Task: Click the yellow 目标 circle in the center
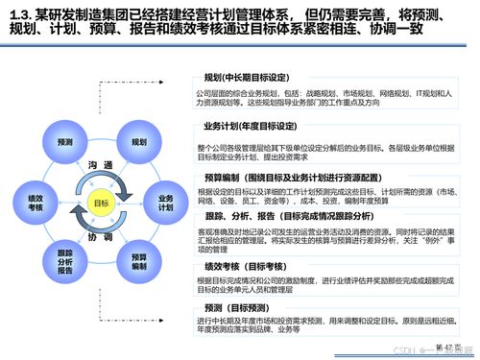click(x=101, y=203)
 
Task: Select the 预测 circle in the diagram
click(x=64, y=141)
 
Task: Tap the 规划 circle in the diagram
click(x=138, y=141)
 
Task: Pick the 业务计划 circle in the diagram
click(x=165, y=203)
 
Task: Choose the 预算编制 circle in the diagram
click(x=138, y=261)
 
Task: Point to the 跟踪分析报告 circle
click(x=64, y=261)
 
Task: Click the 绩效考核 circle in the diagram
click(x=36, y=203)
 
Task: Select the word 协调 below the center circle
click(x=101, y=237)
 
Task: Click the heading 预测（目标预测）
click(x=246, y=305)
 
